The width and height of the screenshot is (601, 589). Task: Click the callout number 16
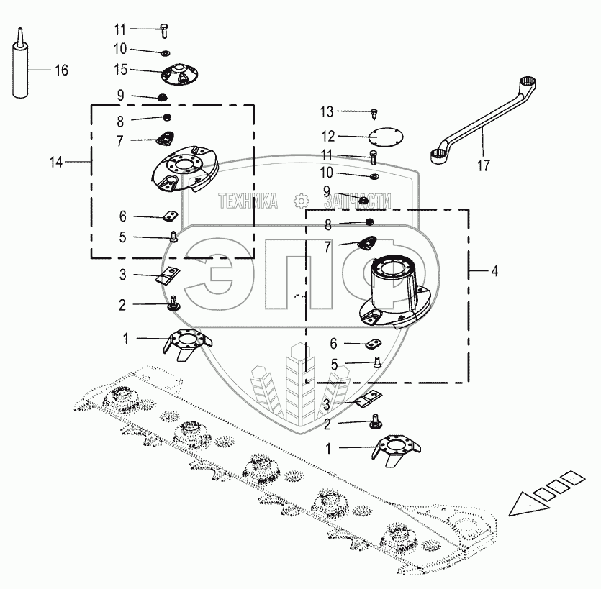(61, 70)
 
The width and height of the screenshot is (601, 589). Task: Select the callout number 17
(483, 165)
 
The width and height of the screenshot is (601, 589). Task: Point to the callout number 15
(119, 70)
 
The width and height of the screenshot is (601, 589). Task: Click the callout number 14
(57, 163)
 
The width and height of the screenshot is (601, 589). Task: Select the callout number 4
(494, 271)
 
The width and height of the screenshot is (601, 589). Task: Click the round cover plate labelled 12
(384, 137)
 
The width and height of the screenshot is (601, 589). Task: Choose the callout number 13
(327, 111)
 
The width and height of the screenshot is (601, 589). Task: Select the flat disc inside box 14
(185, 170)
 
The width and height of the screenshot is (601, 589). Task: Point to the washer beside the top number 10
(165, 52)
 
